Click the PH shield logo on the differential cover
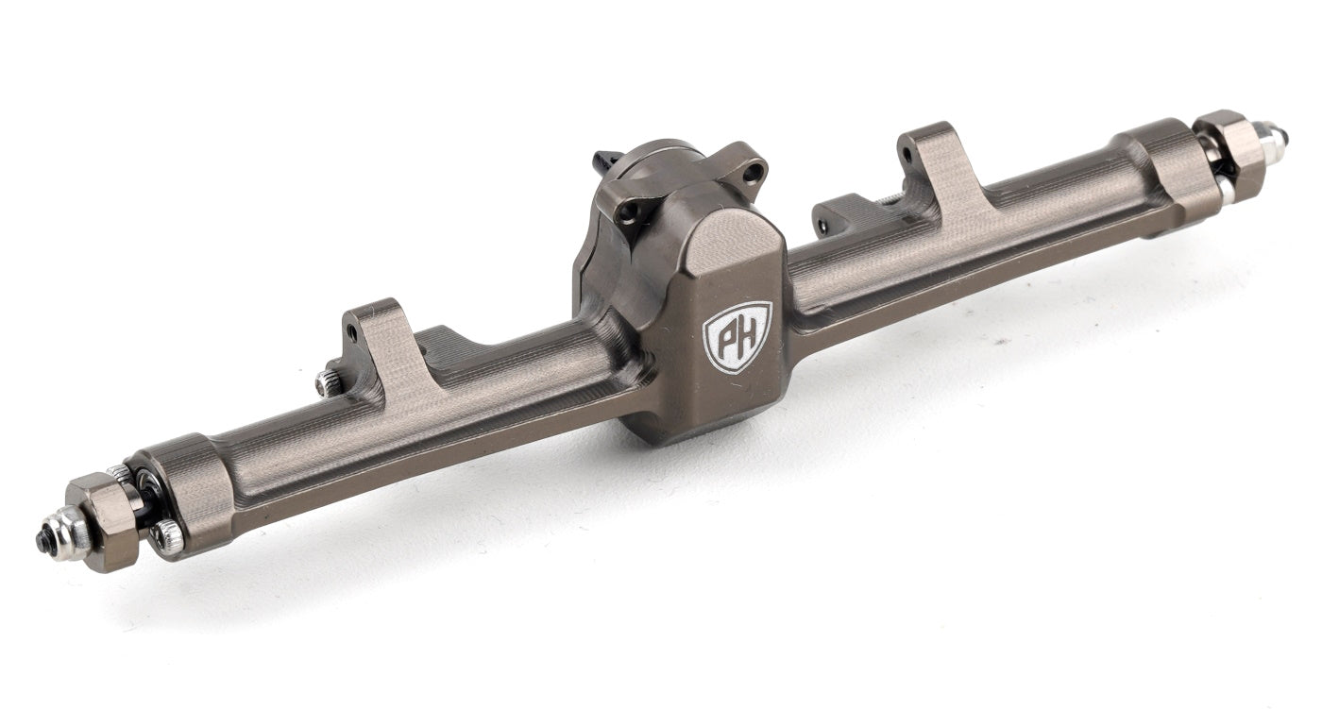pyautogui.click(x=737, y=335)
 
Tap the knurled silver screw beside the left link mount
pyautogui.click(x=327, y=381)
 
